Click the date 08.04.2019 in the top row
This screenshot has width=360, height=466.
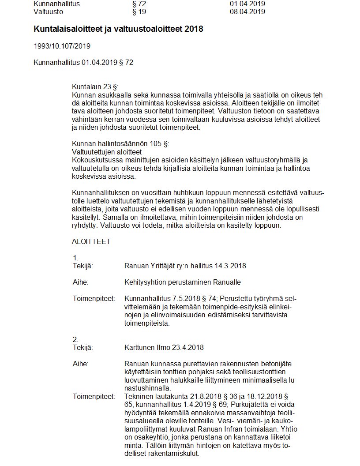[x=247, y=12]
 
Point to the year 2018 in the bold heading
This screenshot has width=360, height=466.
[x=195, y=29]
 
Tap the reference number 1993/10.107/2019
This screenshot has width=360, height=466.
[x=62, y=46]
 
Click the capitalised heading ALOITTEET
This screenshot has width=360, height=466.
[x=91, y=242]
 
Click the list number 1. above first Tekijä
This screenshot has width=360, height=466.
[x=75, y=258]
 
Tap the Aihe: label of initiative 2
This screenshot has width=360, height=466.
[x=80, y=364]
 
